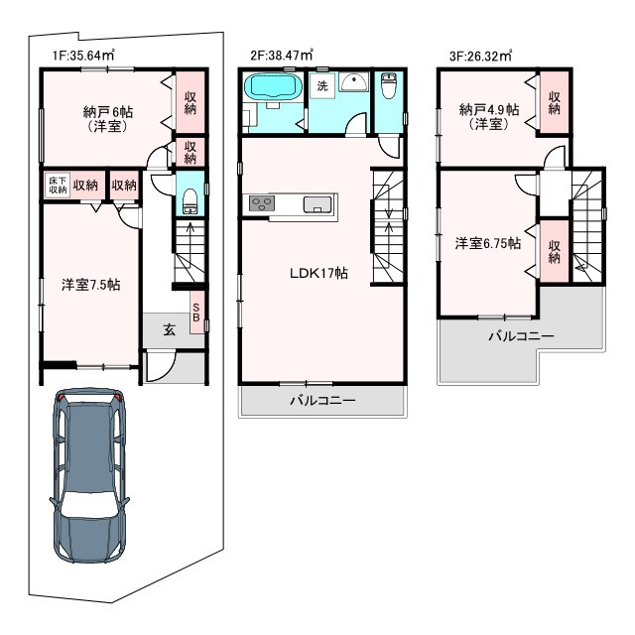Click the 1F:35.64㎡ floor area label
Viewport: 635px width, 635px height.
(x=83, y=55)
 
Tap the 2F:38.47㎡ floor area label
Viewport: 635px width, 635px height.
(x=282, y=55)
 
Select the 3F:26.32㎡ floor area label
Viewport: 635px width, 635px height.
(x=480, y=56)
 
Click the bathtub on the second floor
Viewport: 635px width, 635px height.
(x=274, y=86)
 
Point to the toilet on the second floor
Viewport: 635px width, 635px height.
(x=389, y=86)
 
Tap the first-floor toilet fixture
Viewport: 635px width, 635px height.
(x=190, y=200)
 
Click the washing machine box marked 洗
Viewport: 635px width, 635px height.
(x=322, y=86)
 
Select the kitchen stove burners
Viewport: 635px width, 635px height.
(x=262, y=202)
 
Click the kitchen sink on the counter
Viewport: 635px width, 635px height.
(x=317, y=204)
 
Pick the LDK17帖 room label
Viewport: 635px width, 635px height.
(x=318, y=274)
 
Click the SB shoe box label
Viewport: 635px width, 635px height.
(x=196, y=313)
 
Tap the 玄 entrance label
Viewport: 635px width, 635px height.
(x=170, y=329)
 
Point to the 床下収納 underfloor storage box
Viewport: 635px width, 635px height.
(x=58, y=186)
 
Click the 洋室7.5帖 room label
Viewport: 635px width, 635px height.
(x=90, y=285)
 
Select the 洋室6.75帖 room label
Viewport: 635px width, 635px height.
(x=488, y=243)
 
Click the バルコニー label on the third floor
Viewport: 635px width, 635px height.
(x=521, y=336)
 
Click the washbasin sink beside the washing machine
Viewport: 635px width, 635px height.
(x=353, y=82)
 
